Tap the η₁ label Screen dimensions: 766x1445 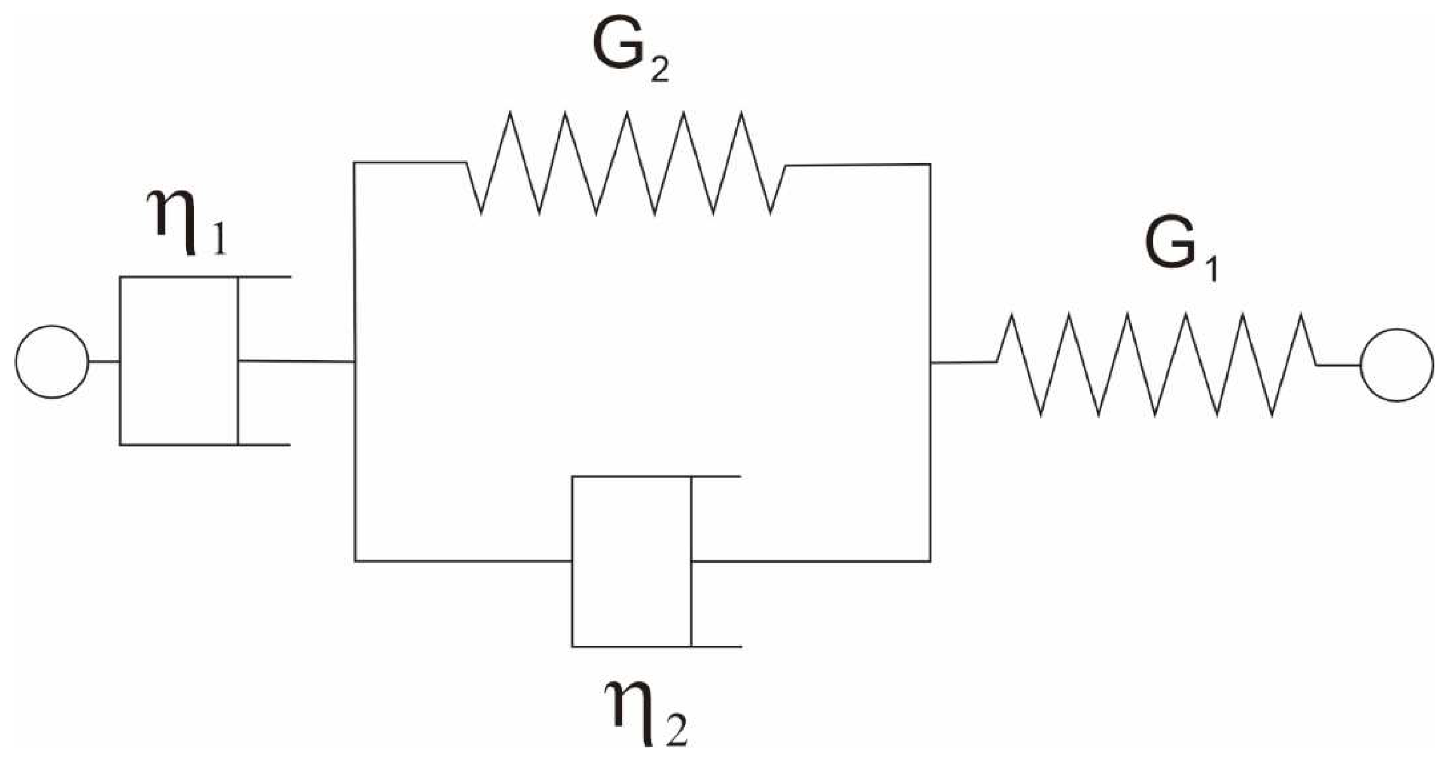[x=187, y=222]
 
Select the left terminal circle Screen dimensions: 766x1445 [x=51, y=362]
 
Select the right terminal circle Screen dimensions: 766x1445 [x=1397, y=365]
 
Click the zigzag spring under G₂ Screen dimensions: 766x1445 [x=625, y=163]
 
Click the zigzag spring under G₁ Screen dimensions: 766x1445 [x=1155, y=365]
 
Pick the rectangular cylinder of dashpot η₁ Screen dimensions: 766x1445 [x=179, y=361]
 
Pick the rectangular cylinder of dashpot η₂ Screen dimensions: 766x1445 [x=631, y=561]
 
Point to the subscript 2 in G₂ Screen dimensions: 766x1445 [x=660, y=72]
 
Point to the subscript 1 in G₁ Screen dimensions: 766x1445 [x=1211, y=272]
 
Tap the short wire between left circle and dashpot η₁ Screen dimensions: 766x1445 [x=104, y=362]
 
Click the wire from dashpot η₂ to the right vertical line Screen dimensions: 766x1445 [x=811, y=561]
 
